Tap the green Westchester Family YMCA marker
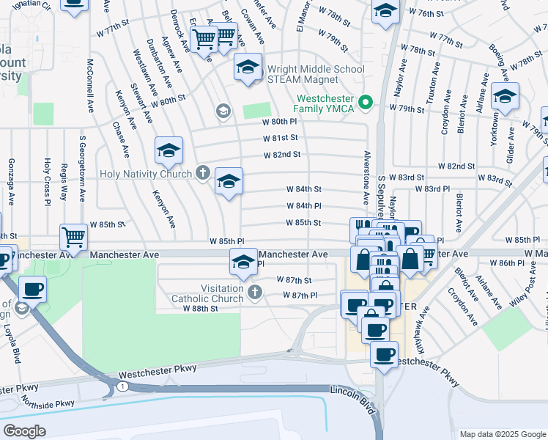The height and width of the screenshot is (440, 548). [x=369, y=102]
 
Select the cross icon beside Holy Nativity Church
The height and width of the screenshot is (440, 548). [x=203, y=174]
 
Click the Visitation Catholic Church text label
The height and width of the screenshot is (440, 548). [x=207, y=293]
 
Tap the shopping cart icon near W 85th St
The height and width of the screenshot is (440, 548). [x=73, y=236]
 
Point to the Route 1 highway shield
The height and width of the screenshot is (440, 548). [x=122, y=386]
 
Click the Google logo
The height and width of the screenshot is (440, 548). [x=24, y=430]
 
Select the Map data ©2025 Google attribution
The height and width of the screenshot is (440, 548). [x=502, y=434]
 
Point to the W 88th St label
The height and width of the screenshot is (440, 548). [x=201, y=309]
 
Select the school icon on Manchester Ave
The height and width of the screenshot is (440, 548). [x=243, y=260]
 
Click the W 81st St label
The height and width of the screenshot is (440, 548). [x=281, y=138]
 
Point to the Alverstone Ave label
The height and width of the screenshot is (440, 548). [x=364, y=178]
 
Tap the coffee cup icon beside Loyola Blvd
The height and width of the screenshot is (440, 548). [x=32, y=288]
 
